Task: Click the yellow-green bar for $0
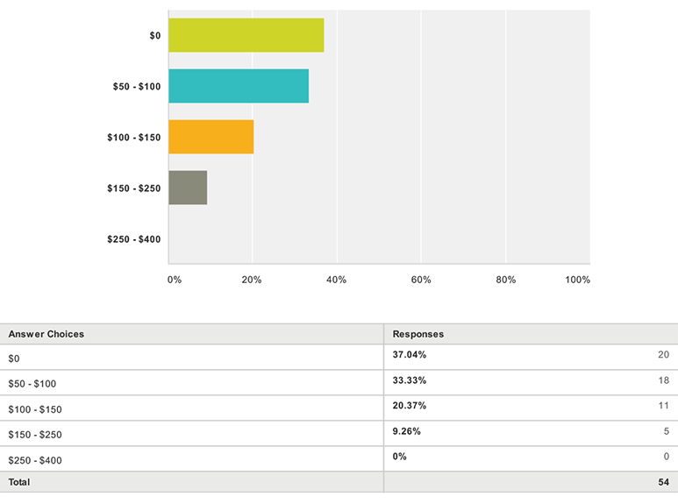click(x=246, y=35)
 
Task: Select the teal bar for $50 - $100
click(x=239, y=86)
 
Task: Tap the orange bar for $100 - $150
click(x=211, y=137)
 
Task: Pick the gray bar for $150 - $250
click(x=188, y=188)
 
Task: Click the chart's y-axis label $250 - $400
click(x=134, y=239)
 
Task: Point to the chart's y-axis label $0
click(x=155, y=35)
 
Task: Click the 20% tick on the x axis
click(x=252, y=280)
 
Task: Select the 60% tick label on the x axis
click(x=421, y=280)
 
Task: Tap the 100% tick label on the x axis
click(x=578, y=280)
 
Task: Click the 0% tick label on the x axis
click(x=175, y=280)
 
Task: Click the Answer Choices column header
click(x=46, y=334)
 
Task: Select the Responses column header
click(x=418, y=334)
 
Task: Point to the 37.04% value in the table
click(x=410, y=355)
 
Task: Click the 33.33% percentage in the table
click(x=410, y=380)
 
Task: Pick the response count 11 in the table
click(x=664, y=406)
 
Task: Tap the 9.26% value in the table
click(x=406, y=431)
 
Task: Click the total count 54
click(x=664, y=482)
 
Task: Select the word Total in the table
click(x=19, y=482)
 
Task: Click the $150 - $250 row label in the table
click(x=35, y=435)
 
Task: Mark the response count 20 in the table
click(x=664, y=355)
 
